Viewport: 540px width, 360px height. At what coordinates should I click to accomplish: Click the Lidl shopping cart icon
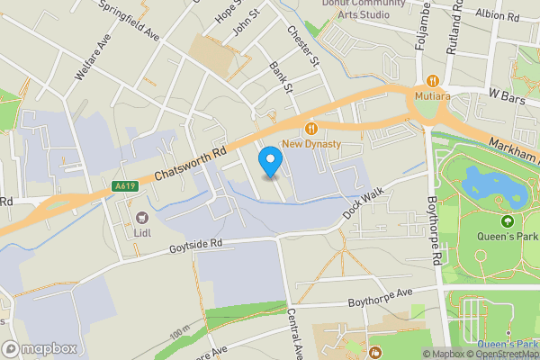[x=142, y=217]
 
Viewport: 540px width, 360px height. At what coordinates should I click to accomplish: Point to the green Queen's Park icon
[x=507, y=221]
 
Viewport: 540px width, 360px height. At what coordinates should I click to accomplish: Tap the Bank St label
[x=281, y=76]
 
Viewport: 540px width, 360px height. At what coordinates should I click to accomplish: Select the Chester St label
[x=302, y=45]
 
